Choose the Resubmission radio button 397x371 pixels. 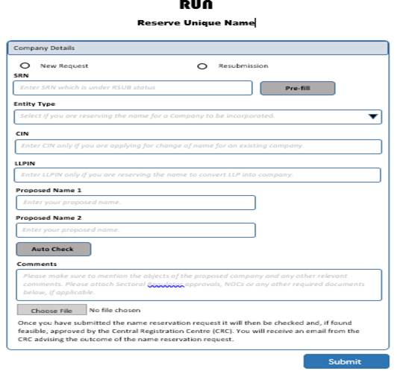click(202, 66)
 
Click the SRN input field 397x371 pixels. click(131, 88)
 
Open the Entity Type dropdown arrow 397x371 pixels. click(373, 117)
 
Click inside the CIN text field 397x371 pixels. click(198, 146)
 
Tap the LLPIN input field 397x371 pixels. click(198, 175)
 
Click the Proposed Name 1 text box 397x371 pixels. click(135, 203)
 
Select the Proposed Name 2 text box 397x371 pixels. click(135, 230)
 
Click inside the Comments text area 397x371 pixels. click(198, 285)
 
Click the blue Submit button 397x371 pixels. click(344, 362)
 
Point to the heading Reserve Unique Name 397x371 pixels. click(196, 23)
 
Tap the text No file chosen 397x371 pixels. click(115, 310)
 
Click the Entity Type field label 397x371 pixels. click(34, 104)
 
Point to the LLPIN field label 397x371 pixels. click(25, 162)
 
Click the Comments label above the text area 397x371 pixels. click(31, 264)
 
